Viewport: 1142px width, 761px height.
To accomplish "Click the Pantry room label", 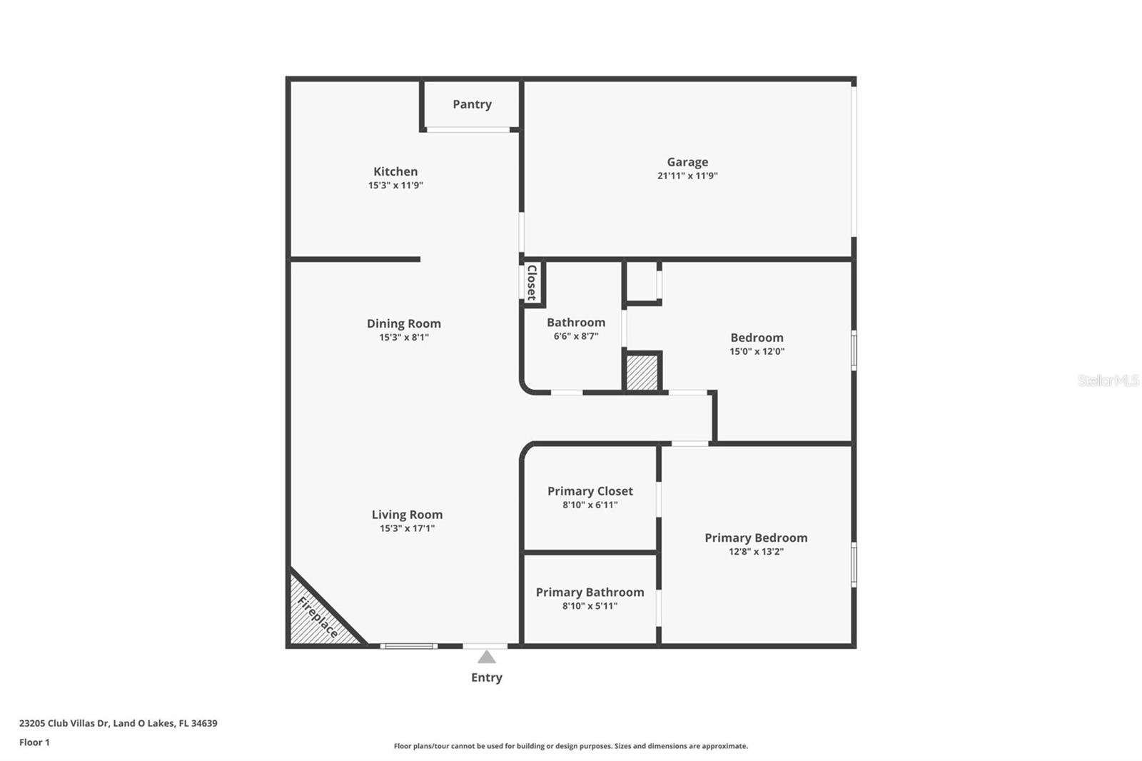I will pyautogui.click(x=472, y=104).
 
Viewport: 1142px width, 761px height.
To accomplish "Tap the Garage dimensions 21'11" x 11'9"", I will pyautogui.click(x=687, y=176).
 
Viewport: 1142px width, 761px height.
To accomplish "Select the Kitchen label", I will pyautogui.click(x=395, y=171).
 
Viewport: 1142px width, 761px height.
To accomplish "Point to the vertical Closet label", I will pyautogui.click(x=532, y=283).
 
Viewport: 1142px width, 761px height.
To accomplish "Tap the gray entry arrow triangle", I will pyautogui.click(x=486, y=657).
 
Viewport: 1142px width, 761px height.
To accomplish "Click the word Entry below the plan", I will pyautogui.click(x=486, y=677).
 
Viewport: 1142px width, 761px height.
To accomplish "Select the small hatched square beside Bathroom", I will pyautogui.click(x=642, y=373).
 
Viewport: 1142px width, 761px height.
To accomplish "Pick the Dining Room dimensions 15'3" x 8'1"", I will pyautogui.click(x=404, y=337).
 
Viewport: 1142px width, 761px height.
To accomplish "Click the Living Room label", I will pyautogui.click(x=407, y=515).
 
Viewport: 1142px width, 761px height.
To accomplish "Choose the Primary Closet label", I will pyautogui.click(x=590, y=491).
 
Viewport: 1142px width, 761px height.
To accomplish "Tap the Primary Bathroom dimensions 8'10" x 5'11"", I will pyautogui.click(x=590, y=606).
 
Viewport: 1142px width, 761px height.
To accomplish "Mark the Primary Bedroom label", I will pyautogui.click(x=756, y=538).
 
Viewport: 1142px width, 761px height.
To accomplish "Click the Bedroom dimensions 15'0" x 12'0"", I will pyautogui.click(x=757, y=351).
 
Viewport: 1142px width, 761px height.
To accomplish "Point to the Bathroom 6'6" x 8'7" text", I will pyautogui.click(x=575, y=336).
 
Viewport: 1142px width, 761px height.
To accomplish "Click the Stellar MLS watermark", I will pyautogui.click(x=1108, y=380).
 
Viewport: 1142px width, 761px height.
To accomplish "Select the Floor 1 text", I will pyautogui.click(x=34, y=742).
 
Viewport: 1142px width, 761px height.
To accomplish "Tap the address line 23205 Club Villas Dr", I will pyautogui.click(x=118, y=723).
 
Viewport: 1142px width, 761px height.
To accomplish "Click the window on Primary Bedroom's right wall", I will pyautogui.click(x=854, y=564).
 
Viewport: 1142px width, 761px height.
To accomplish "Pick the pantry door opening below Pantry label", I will pyautogui.click(x=468, y=130).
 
